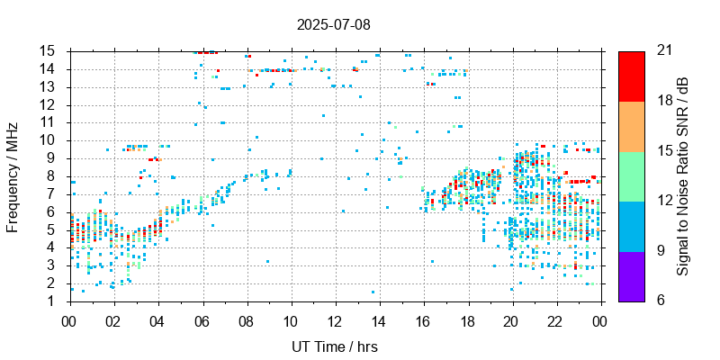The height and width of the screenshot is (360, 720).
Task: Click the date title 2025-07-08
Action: click(333, 24)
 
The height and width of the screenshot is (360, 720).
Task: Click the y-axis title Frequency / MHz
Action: click(13, 175)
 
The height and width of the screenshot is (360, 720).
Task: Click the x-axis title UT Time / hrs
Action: click(335, 346)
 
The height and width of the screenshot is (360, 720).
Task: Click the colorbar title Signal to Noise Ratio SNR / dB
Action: click(683, 175)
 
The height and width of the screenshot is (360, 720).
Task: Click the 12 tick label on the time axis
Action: click(335, 319)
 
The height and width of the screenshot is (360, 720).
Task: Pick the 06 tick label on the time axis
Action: click(202, 319)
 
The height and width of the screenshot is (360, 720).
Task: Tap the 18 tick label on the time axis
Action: click(468, 319)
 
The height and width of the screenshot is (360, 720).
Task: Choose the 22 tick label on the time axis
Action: click(556, 319)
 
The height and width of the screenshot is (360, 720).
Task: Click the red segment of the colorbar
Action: click(631, 76)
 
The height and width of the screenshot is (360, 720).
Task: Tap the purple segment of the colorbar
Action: click(631, 275)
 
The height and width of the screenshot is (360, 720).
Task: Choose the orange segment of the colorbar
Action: click(631, 126)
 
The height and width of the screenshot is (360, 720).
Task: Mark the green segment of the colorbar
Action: click(631, 176)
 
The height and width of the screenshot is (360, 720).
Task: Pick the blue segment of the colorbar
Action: click(631, 226)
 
